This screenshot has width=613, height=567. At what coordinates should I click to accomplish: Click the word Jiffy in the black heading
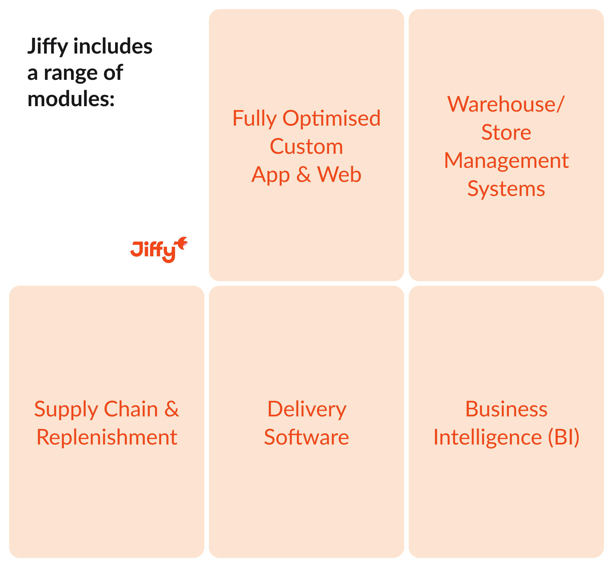(48, 47)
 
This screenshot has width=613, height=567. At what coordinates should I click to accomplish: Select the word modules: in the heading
(71, 99)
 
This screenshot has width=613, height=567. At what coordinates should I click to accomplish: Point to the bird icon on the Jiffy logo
(182, 243)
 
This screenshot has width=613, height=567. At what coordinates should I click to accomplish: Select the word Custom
(306, 147)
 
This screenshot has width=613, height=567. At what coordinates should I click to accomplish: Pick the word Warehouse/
(506, 104)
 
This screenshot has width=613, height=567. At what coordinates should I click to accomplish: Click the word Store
(506, 132)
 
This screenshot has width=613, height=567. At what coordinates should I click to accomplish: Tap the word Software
(306, 437)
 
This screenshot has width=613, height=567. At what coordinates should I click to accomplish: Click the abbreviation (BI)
(564, 437)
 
